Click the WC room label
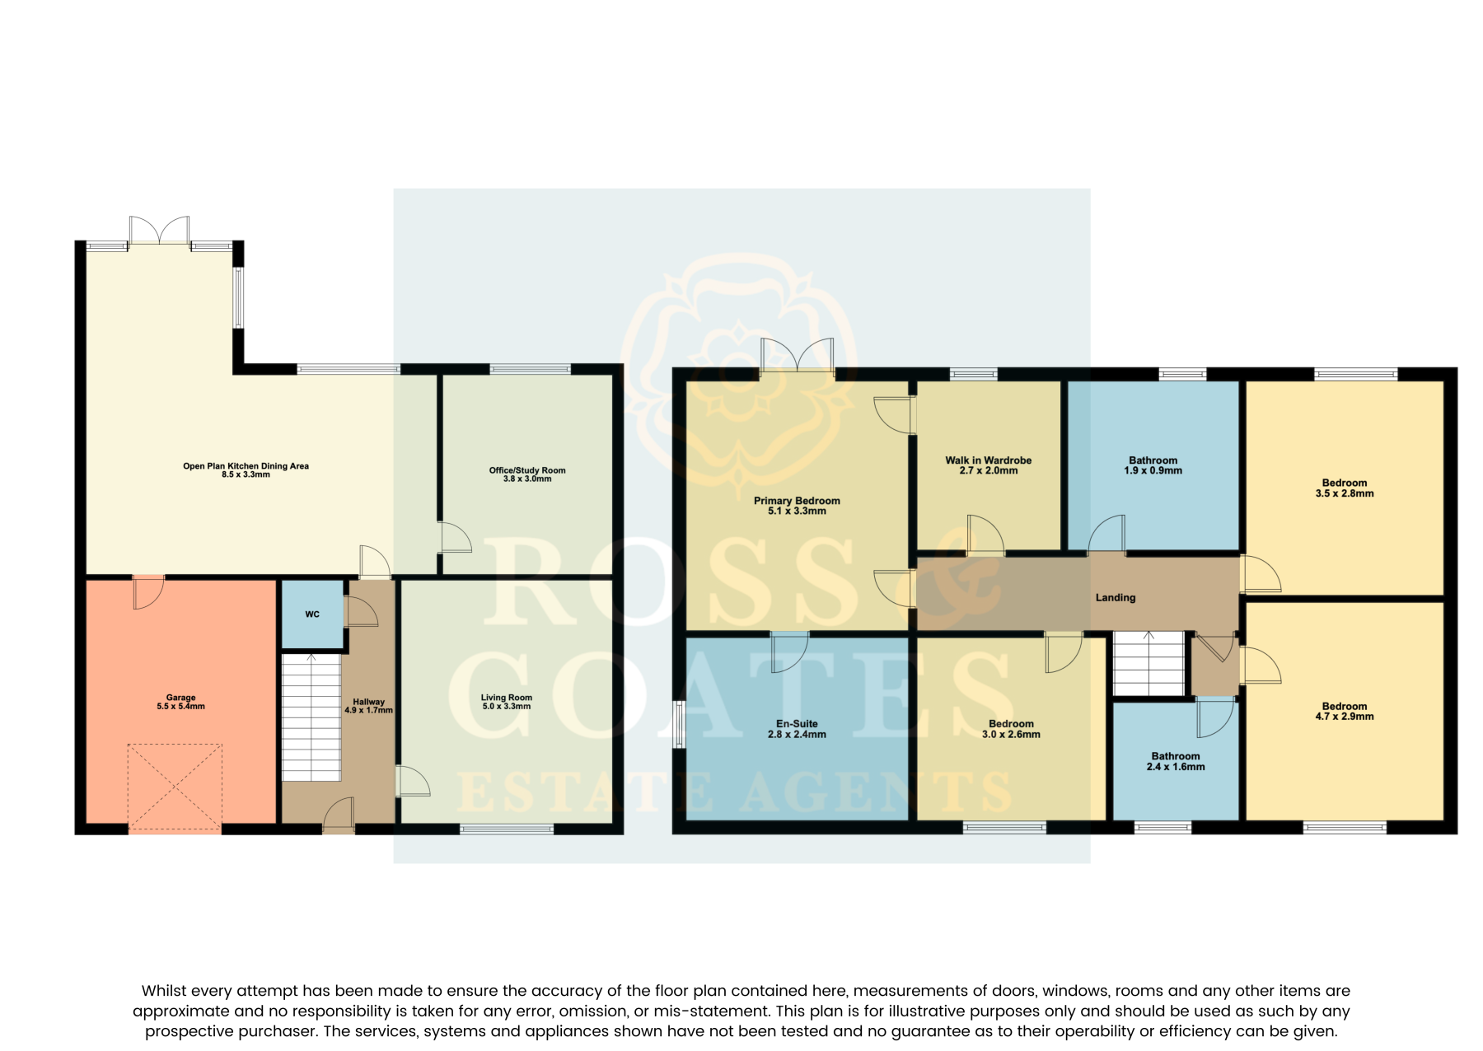tap(312, 614)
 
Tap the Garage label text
tap(181, 698)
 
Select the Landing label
tap(1116, 598)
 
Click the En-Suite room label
tap(797, 724)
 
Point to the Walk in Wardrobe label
tap(989, 460)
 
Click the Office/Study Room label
tap(527, 470)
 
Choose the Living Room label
tap(507, 698)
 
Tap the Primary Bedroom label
tap(797, 501)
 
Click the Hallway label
tap(369, 702)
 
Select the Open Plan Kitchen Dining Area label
tap(246, 466)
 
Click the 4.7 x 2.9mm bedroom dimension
tap(1345, 717)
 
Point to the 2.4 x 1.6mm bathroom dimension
tap(1176, 767)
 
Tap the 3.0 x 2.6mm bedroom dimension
tap(1011, 735)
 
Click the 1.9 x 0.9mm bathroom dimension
tap(1153, 471)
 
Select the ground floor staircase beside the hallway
tap(311, 717)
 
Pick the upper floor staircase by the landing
tap(1149, 664)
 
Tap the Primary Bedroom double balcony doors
tap(798, 355)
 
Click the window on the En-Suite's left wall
tap(679, 725)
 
